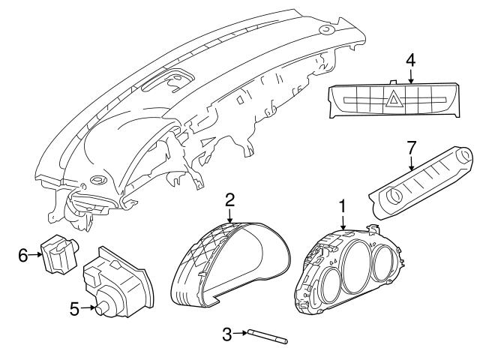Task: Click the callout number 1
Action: [x=342, y=204]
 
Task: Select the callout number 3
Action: [x=227, y=332]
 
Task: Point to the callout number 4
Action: [x=410, y=59]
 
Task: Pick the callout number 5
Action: [x=73, y=307]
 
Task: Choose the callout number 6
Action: [x=22, y=256]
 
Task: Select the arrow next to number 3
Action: [x=243, y=332]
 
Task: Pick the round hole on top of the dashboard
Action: [x=328, y=29]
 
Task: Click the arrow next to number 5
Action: [x=87, y=307]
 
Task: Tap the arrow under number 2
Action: [x=230, y=215]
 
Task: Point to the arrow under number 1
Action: [x=342, y=220]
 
